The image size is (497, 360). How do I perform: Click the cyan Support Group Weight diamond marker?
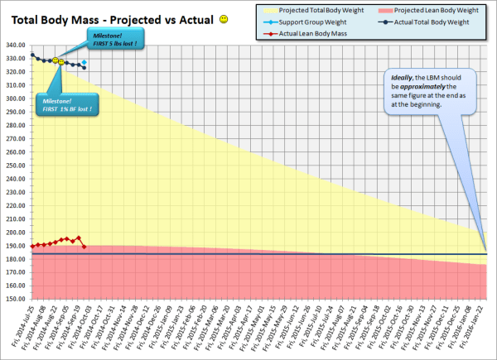(84, 61)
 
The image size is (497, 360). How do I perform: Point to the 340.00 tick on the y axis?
(15, 46)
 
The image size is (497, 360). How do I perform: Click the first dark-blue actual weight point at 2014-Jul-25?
(32, 55)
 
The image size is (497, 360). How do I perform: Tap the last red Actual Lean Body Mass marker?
(84, 246)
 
